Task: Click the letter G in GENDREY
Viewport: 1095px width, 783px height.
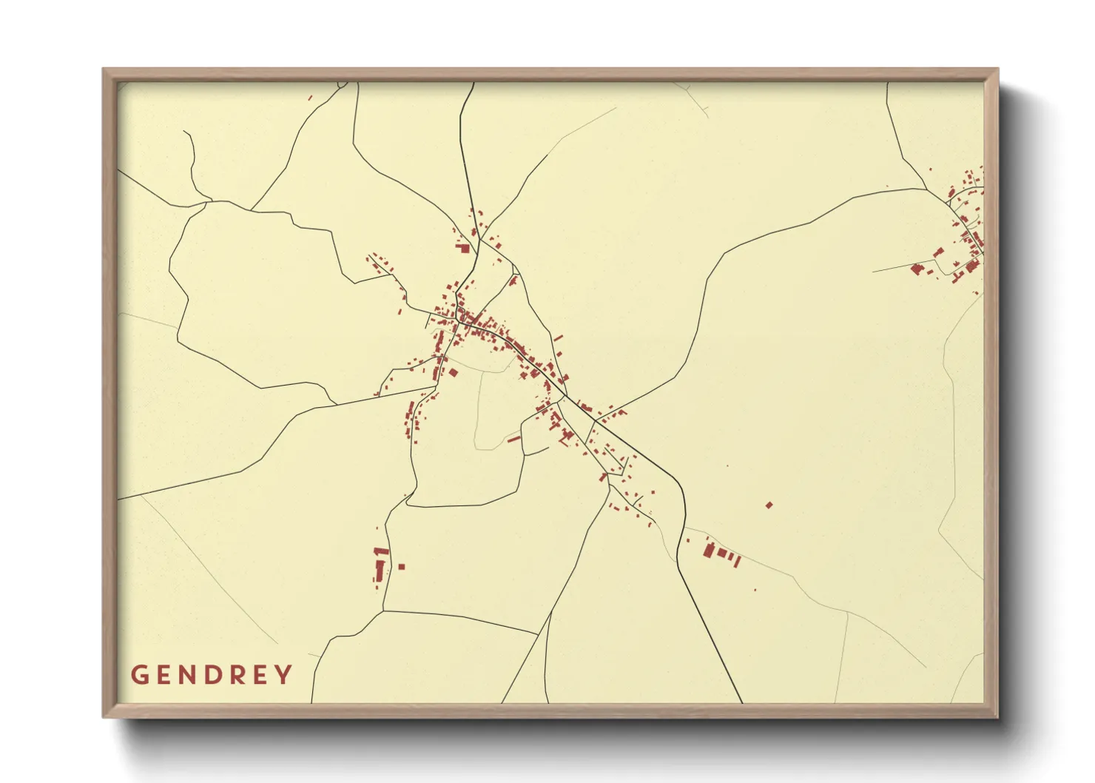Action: pyautogui.click(x=138, y=675)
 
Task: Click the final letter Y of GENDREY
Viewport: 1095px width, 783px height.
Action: pyautogui.click(x=284, y=675)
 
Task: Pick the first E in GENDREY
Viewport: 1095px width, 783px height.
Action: pyautogui.click(x=165, y=675)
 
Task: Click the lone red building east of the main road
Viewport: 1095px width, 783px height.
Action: pyautogui.click(x=769, y=505)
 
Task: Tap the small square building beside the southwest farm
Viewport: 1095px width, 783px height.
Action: pyautogui.click(x=402, y=567)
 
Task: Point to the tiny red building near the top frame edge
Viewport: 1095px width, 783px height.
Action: pyautogui.click(x=310, y=98)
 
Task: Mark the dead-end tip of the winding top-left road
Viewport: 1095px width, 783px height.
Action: pyautogui.click(x=184, y=132)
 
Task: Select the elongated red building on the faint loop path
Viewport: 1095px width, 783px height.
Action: pyautogui.click(x=513, y=439)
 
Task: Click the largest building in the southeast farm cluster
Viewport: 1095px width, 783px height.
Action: pyautogui.click(x=708, y=551)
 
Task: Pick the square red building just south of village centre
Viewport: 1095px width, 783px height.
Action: pyautogui.click(x=453, y=372)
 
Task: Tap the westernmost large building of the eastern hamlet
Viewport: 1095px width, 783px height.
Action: pyautogui.click(x=917, y=269)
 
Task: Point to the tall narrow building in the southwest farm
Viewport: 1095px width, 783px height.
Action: pyautogui.click(x=380, y=569)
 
